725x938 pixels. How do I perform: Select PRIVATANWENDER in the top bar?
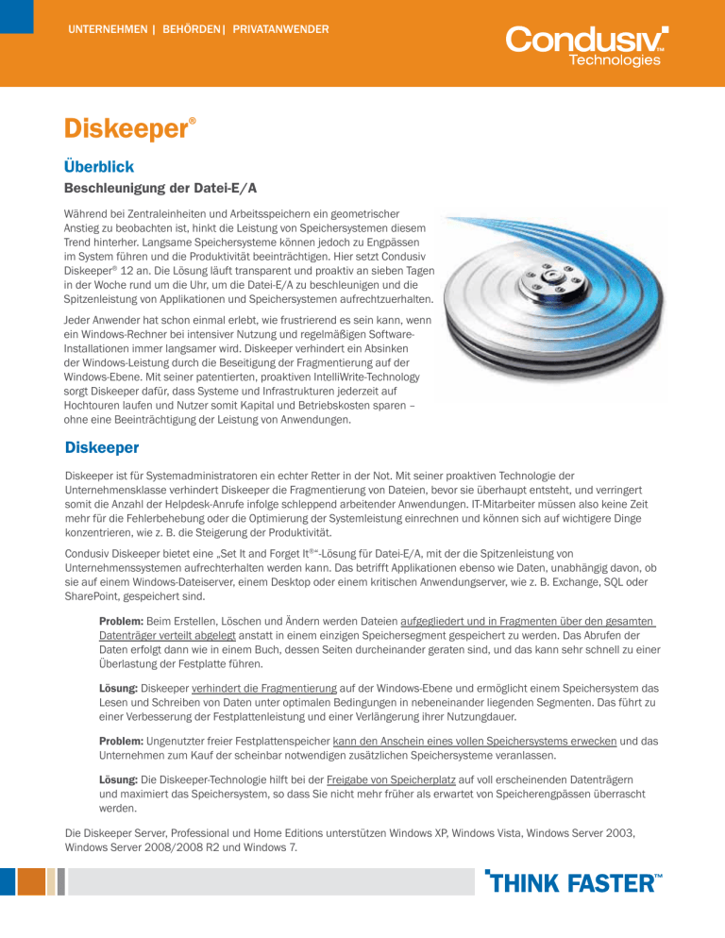280,29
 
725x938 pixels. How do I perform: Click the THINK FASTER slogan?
573,883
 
